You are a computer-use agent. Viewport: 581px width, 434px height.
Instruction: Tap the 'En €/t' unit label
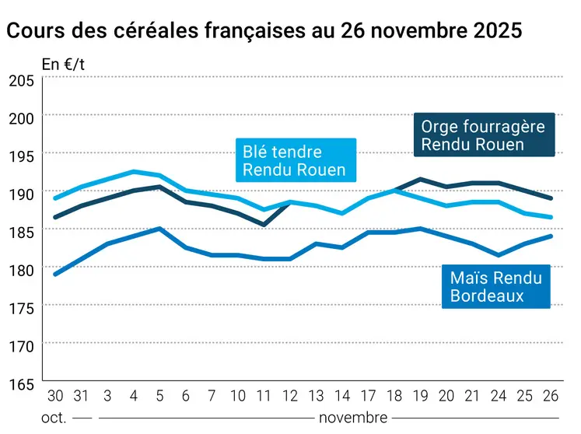pos(63,65)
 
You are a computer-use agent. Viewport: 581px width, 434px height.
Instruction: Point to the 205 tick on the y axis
pos(21,80)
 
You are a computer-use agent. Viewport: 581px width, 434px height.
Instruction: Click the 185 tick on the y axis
pos(21,231)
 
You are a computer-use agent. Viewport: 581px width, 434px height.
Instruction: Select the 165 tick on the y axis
pos(21,383)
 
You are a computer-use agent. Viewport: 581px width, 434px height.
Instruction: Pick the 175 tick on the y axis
pos(21,307)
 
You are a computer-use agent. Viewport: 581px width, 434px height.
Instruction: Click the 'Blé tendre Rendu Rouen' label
pos(295,161)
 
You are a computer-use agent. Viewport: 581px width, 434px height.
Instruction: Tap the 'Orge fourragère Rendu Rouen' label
pos(483,135)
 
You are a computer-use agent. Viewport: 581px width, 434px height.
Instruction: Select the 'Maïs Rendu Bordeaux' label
pos(495,285)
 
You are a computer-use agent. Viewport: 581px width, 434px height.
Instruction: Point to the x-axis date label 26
pos(551,395)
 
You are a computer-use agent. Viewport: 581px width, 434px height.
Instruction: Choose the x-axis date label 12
pos(291,395)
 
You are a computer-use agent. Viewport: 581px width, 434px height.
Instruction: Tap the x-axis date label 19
pos(420,395)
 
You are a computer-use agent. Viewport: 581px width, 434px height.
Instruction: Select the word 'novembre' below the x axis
pos(352,418)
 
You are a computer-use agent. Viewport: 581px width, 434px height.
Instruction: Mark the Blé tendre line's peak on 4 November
pos(134,172)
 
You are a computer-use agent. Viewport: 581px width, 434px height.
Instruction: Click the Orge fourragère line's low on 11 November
pos(264,225)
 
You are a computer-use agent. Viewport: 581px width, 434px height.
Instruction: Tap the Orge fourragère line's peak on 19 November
pos(420,180)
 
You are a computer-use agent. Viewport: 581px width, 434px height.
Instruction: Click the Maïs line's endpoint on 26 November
pos(551,236)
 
